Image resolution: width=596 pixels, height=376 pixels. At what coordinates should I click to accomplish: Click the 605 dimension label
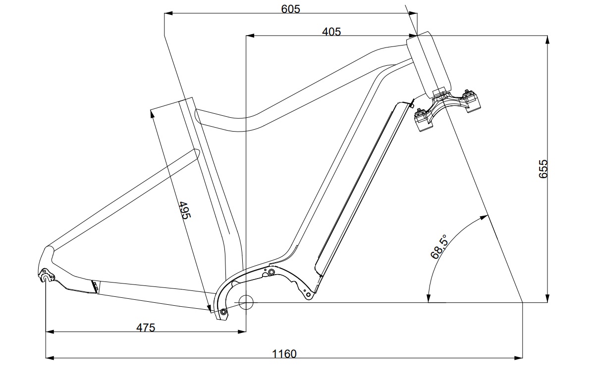pyautogui.click(x=290, y=9)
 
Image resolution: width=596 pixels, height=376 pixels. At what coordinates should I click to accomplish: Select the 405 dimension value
pyautogui.click(x=331, y=32)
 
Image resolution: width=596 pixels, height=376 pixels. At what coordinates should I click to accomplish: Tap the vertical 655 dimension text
pyautogui.click(x=543, y=169)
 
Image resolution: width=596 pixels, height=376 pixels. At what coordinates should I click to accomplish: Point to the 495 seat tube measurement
pyautogui.click(x=184, y=210)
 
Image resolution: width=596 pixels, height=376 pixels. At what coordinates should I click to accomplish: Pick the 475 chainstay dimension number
pyautogui.click(x=146, y=328)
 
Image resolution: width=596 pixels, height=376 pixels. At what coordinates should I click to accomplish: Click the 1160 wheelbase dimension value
pyautogui.click(x=284, y=354)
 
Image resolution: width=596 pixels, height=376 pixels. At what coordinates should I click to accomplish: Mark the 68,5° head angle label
pyautogui.click(x=439, y=246)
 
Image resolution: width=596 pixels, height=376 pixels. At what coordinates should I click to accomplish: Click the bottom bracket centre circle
pyautogui.click(x=246, y=302)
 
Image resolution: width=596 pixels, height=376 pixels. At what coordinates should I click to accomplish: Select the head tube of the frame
pyautogui.click(x=429, y=65)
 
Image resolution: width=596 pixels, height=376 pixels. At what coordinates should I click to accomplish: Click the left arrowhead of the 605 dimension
pyautogui.click(x=168, y=13)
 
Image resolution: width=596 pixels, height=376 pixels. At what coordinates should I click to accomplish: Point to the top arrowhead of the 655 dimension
pyautogui.click(x=547, y=40)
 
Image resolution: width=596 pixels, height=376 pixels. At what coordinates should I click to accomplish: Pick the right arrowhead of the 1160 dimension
pyautogui.click(x=518, y=358)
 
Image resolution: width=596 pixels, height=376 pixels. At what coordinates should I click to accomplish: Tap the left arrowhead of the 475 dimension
pyautogui.click(x=50, y=331)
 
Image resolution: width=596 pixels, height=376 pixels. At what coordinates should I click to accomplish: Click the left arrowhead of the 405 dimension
pyautogui.click(x=250, y=36)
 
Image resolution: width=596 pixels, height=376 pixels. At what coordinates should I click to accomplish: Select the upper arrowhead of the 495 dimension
pyautogui.click(x=153, y=114)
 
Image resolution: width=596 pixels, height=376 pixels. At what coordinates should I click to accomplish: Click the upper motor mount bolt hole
pyautogui.click(x=271, y=272)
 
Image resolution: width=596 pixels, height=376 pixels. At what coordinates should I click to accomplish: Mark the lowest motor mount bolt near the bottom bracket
pyautogui.click(x=223, y=311)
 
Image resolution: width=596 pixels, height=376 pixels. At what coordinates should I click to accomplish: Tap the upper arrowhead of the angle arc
pyautogui.click(x=484, y=217)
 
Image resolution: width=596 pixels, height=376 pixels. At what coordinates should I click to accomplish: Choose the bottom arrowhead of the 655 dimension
pyautogui.click(x=547, y=298)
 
